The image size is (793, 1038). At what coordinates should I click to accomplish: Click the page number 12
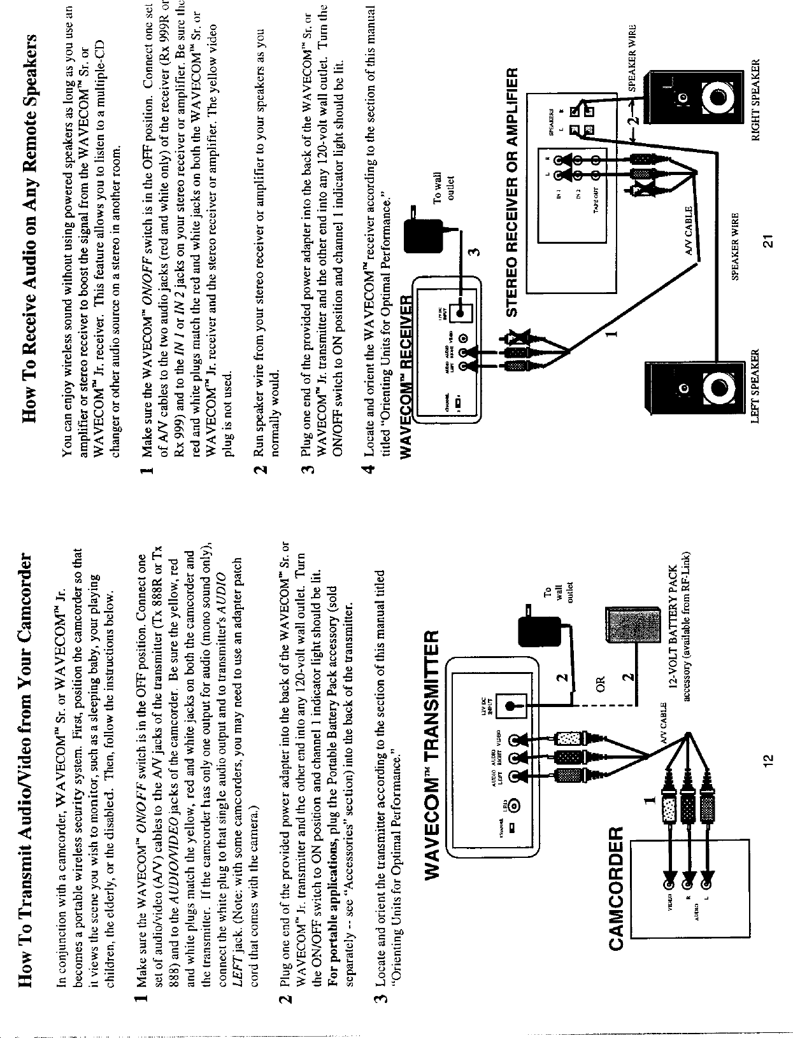pyautogui.click(x=769, y=762)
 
